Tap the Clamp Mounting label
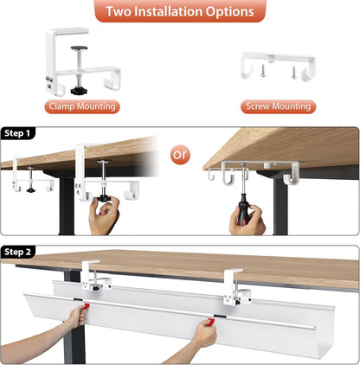(82, 107)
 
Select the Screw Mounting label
(279, 107)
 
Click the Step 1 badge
(19, 133)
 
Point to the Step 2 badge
(19, 252)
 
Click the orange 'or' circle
(180, 156)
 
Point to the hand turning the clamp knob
(105, 215)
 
